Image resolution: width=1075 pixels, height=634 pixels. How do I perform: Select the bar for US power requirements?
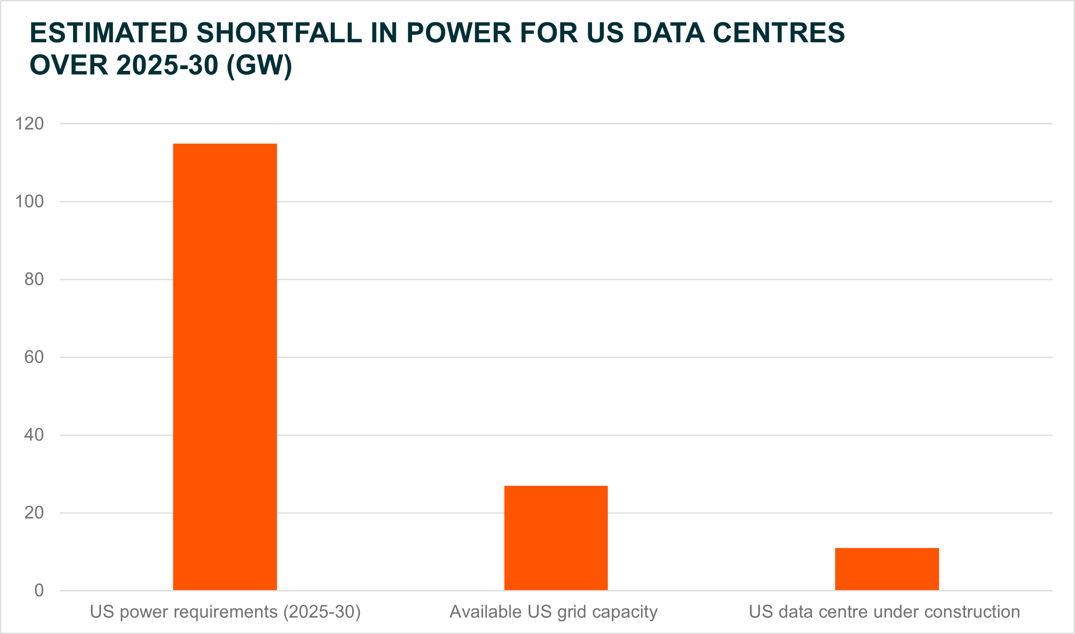[x=225, y=367]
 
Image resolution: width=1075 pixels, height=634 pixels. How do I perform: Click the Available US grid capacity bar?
[x=556, y=538]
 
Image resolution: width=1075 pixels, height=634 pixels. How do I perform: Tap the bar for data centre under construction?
[x=887, y=569]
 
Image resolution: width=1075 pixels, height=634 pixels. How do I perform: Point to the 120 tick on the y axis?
[x=30, y=124]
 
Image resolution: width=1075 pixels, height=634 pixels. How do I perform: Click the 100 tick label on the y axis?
[x=30, y=202]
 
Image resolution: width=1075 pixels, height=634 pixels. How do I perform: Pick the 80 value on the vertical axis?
[x=34, y=280]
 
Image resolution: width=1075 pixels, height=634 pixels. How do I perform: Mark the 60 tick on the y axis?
[x=34, y=357]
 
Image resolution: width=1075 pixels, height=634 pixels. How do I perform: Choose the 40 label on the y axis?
[x=34, y=435]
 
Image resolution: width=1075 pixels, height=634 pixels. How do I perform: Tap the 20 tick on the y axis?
[x=34, y=513]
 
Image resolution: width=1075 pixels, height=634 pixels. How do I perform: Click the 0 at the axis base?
[x=39, y=591]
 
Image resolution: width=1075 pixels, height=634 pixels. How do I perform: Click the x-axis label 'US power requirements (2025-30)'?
[x=225, y=612]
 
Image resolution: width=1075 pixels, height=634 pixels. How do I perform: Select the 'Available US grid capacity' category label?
[x=553, y=612]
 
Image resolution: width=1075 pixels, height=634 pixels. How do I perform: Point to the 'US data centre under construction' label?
[x=884, y=612]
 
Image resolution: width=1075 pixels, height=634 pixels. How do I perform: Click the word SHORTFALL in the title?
[x=279, y=33]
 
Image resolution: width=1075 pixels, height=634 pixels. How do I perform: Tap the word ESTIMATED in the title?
[x=109, y=33]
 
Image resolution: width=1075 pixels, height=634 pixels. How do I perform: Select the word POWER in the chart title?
[x=459, y=33]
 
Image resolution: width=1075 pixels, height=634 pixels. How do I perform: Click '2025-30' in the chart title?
[x=167, y=66]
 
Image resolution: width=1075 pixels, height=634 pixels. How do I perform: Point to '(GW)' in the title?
[x=260, y=66]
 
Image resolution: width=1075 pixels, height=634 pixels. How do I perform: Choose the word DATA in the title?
[x=669, y=33]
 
